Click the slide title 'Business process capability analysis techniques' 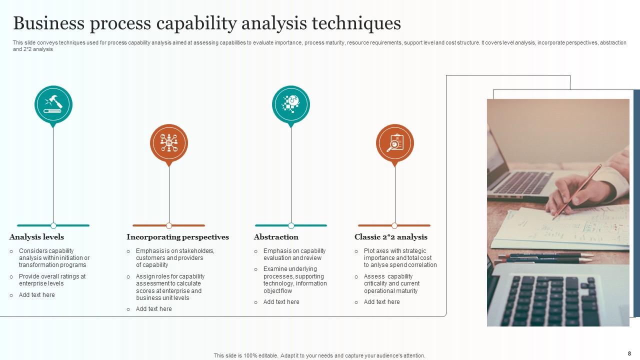(x=206, y=23)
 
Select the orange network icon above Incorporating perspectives (x=169, y=143)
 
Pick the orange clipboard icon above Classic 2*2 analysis (x=395, y=143)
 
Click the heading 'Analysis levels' (x=36, y=237)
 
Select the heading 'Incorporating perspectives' (x=177, y=237)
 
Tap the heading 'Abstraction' (x=276, y=237)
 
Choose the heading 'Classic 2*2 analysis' (x=391, y=237)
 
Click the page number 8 (x=629, y=353)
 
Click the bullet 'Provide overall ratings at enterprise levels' (x=52, y=280)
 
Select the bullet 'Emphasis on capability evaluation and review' (x=294, y=254)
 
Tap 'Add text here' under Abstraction (x=281, y=302)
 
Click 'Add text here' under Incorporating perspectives (x=154, y=309)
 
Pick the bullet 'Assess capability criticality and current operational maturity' (x=392, y=283)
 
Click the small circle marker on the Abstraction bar (x=291, y=225)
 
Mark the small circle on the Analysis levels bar (x=53, y=225)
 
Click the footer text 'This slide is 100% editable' (x=319, y=356)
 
